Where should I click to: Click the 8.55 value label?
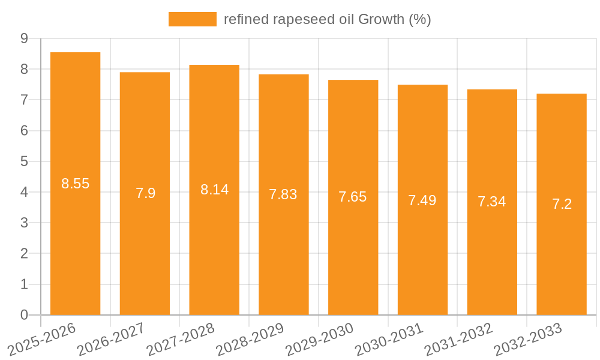pos(75,184)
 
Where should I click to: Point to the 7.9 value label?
pos(145,193)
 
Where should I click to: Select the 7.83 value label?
pos(283,194)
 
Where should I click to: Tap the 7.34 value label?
pos(492,202)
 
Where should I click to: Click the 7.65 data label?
pos(353,197)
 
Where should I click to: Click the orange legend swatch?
pos(192,19)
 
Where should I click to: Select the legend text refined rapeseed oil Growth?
pos(328,19)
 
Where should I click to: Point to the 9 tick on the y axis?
pos(24,38)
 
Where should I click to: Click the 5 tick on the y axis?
pos(24,161)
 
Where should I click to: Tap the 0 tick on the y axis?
pos(24,315)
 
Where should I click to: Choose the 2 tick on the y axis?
pos(24,254)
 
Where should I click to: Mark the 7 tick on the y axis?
pos(24,100)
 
